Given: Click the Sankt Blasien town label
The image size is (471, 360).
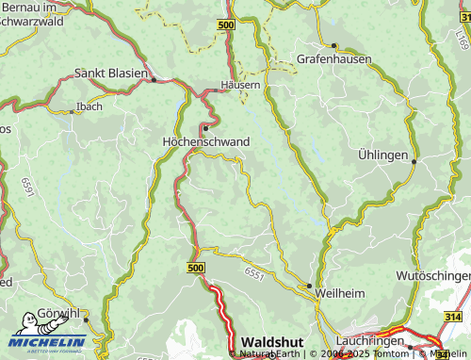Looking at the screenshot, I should pyautogui.click(x=111, y=74).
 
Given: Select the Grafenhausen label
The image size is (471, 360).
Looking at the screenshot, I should pyautogui.click(x=334, y=58).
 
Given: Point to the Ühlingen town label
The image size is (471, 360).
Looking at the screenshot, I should pyautogui.click(x=383, y=154).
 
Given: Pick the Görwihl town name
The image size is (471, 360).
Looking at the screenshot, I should pyautogui.click(x=58, y=314).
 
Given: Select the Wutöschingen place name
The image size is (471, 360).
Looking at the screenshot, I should pyautogui.click(x=433, y=275).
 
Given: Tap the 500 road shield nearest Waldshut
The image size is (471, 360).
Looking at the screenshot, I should pyautogui.click(x=195, y=269).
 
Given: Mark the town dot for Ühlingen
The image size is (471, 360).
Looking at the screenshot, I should pyautogui.click(x=414, y=161).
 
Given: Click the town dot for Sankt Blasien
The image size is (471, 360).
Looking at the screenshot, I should pyautogui.click(x=154, y=80).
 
